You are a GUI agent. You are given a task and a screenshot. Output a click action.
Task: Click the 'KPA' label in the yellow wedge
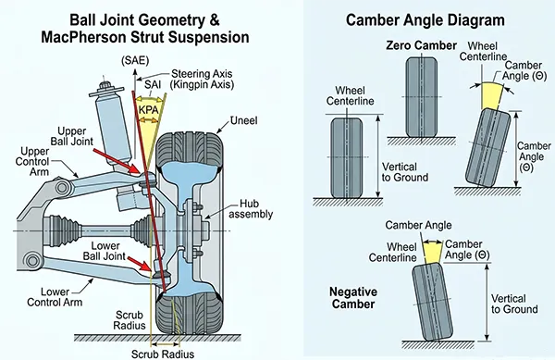[x=149, y=110]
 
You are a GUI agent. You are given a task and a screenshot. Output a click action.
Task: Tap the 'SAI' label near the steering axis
[x=153, y=84]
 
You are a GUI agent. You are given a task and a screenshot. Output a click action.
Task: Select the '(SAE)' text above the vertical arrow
[x=135, y=60]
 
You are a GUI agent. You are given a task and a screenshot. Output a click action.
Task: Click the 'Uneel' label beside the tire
[x=243, y=120]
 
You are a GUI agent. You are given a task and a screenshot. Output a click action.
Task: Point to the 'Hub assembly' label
[x=251, y=209]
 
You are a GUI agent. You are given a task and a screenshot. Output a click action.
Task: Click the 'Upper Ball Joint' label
[x=71, y=136]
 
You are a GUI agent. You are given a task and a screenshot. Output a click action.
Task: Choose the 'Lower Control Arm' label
[x=55, y=297]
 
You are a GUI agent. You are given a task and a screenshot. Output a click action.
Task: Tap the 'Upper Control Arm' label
[x=32, y=161]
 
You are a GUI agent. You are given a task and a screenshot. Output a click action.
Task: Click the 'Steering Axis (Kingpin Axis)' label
[x=202, y=79]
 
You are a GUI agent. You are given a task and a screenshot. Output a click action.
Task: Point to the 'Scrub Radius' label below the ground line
[x=163, y=354]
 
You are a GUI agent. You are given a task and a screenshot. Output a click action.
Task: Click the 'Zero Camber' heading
[x=421, y=45]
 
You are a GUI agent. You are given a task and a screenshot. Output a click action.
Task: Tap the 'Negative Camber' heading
[x=353, y=298]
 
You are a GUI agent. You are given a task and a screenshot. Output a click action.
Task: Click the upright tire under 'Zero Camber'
[x=421, y=97]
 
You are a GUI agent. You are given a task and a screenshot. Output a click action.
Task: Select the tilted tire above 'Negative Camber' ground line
[x=427, y=302]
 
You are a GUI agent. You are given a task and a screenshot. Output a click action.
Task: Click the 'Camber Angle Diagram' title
[x=425, y=19]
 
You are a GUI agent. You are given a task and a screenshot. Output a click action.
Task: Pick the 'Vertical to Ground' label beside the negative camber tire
[x=514, y=304]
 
